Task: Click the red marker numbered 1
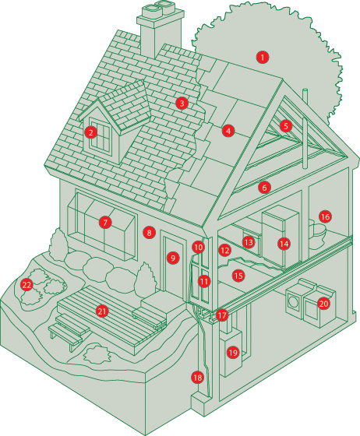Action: click(x=263, y=58)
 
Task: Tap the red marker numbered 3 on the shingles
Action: click(x=182, y=103)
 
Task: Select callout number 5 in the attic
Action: click(x=286, y=126)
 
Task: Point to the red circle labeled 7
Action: click(x=105, y=222)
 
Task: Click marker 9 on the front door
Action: click(x=173, y=258)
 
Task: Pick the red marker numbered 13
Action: click(x=249, y=242)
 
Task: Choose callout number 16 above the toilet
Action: click(x=325, y=216)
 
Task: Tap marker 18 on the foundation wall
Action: click(x=197, y=378)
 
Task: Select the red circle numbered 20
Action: click(x=323, y=304)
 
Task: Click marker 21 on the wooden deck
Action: click(x=102, y=311)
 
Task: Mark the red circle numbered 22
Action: click(x=26, y=285)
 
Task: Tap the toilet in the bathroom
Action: click(x=318, y=234)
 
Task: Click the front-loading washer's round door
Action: click(x=293, y=301)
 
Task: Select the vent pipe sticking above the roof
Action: click(x=305, y=128)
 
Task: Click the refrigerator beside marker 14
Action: click(x=281, y=237)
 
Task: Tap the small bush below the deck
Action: click(x=96, y=355)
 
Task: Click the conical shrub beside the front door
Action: click(x=145, y=278)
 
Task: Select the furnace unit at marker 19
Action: click(x=231, y=351)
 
